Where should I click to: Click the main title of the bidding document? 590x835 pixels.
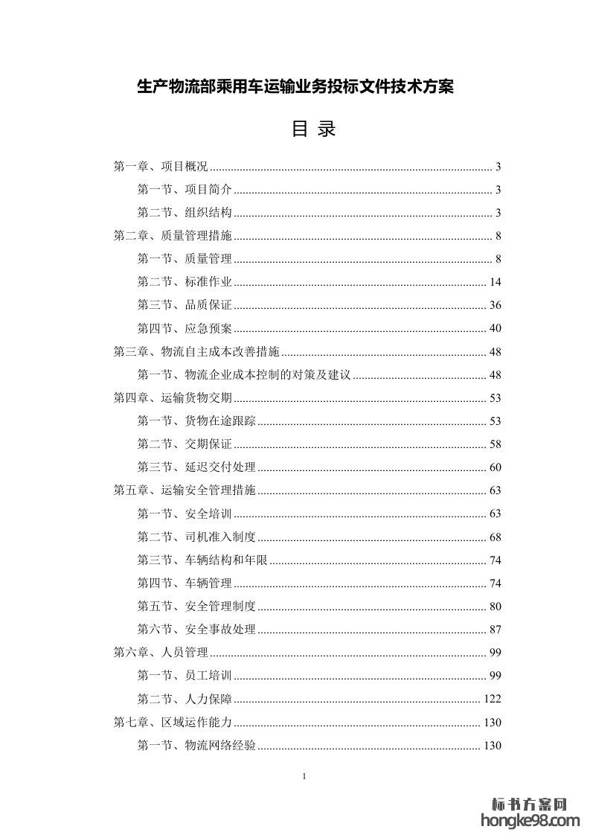[295, 87]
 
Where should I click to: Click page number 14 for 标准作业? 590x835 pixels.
[496, 282]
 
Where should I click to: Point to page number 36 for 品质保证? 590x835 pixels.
[496, 305]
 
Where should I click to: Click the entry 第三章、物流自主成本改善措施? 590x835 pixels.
[196, 351]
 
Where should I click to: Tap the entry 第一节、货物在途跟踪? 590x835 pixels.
[197, 420]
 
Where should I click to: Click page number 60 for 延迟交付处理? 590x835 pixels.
[496, 467]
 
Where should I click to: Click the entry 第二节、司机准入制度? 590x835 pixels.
[197, 537]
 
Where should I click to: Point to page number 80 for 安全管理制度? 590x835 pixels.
[496, 606]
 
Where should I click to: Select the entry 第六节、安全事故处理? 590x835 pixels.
[197, 629]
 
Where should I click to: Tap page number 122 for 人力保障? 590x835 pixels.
[493, 699]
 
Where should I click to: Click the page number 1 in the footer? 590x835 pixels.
[305, 777]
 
